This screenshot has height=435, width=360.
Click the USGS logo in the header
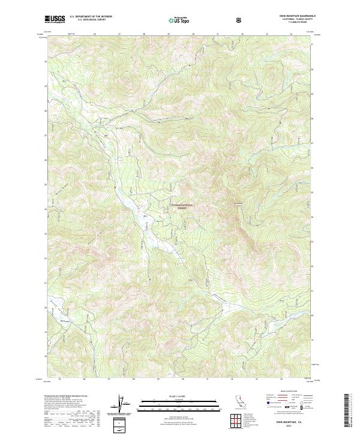tap(55, 19)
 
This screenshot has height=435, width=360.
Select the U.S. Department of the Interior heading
tap(91, 17)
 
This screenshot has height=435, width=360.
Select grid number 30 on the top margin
tap(193, 34)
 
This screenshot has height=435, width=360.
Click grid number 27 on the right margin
tap(313, 143)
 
